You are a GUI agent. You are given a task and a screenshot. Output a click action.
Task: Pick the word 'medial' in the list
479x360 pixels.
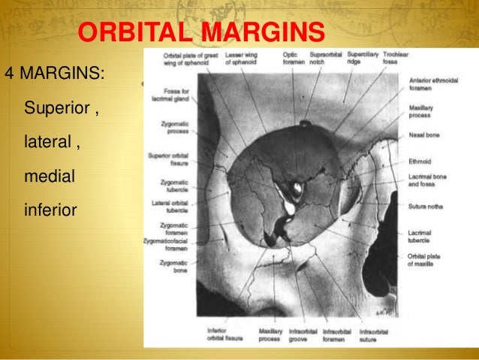coord(51,175)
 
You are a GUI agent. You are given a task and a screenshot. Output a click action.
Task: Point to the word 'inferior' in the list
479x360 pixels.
coord(51,209)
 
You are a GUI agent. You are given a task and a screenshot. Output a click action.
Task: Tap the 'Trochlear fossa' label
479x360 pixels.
coord(395,59)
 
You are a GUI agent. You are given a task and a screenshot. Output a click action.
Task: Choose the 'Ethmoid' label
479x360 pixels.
coord(421,159)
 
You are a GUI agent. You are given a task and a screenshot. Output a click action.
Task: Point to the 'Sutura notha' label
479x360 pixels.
coord(426,204)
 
